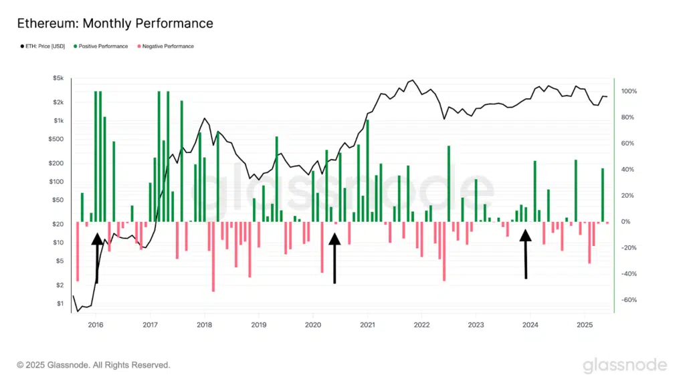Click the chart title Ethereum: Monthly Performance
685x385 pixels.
click(x=114, y=23)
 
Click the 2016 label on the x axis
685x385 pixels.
click(x=96, y=326)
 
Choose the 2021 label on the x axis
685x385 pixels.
click(x=367, y=326)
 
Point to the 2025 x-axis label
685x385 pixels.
click(x=584, y=326)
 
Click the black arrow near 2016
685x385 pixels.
click(x=98, y=257)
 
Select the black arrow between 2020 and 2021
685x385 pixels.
click(x=334, y=258)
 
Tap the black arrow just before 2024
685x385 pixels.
click(x=526, y=254)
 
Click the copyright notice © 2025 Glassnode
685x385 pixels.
click(x=94, y=365)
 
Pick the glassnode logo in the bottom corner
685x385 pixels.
click(x=625, y=365)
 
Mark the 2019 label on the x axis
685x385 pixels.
click(x=259, y=326)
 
